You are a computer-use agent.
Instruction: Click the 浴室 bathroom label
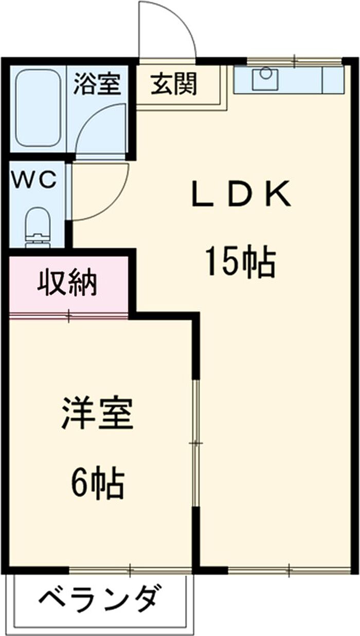tap(97, 83)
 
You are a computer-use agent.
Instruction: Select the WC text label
tap(33, 180)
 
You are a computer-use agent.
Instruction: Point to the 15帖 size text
tap(241, 261)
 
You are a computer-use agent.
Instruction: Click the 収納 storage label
tap(67, 283)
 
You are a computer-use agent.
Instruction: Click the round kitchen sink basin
tap(266, 74)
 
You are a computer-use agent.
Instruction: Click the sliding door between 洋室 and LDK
tap(195, 443)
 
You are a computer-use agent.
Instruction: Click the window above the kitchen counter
tap(294, 61)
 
